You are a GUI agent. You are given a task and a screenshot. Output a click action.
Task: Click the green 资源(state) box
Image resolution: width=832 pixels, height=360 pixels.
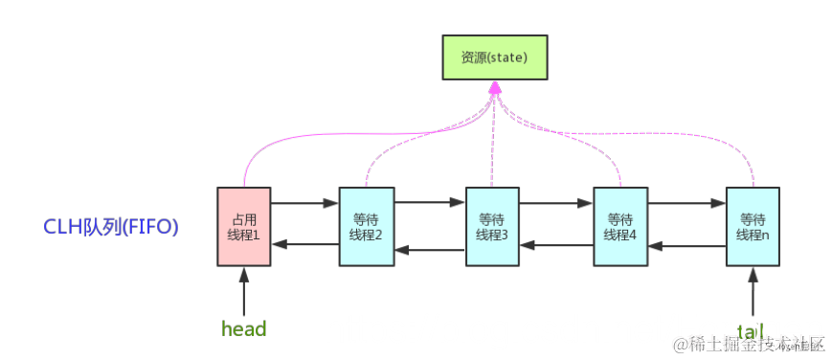click(x=495, y=56)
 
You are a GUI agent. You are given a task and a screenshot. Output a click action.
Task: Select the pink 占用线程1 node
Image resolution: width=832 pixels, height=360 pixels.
click(x=244, y=225)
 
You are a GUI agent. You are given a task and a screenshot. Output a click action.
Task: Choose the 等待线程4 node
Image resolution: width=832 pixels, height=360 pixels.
click(x=619, y=226)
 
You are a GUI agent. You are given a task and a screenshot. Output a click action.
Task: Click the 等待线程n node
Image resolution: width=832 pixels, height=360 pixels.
click(x=753, y=226)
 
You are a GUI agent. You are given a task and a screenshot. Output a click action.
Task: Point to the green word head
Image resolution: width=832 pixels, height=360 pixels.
click(x=243, y=329)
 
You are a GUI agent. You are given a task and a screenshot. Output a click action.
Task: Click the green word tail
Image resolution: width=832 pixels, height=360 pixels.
click(x=752, y=329)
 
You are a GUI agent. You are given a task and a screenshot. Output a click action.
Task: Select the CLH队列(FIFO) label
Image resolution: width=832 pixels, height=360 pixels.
click(x=110, y=228)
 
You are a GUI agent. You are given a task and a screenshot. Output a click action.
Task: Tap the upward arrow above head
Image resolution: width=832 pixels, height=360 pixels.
click(x=244, y=287)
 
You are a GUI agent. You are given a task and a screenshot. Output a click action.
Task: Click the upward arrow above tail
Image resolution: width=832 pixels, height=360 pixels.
click(x=753, y=287)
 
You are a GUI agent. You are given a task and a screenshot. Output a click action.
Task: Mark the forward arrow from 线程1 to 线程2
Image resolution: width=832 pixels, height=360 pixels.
click(x=304, y=203)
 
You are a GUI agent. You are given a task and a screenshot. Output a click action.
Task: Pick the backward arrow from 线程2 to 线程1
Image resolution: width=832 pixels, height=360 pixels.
click(x=304, y=245)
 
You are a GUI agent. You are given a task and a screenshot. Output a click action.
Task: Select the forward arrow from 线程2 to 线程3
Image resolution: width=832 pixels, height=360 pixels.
click(x=430, y=203)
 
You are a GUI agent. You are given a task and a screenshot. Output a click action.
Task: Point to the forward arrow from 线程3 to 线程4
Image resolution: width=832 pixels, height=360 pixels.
click(x=556, y=203)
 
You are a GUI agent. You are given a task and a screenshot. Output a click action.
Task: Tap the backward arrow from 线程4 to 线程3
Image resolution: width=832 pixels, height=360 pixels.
click(x=556, y=246)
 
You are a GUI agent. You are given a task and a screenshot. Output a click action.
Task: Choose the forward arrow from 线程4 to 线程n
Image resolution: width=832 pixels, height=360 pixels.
click(x=686, y=203)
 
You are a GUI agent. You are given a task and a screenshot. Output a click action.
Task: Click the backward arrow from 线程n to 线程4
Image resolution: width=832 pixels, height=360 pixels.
click(x=686, y=246)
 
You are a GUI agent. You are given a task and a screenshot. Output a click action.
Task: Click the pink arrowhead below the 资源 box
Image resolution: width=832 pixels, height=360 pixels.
click(x=495, y=89)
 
